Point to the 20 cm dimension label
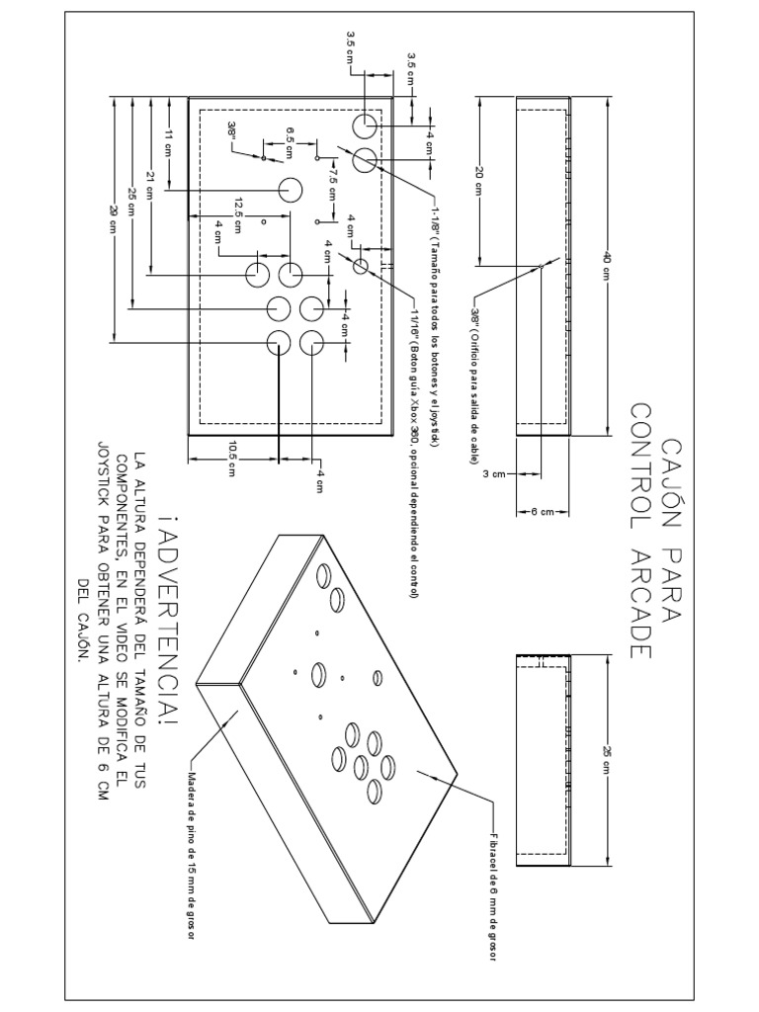click(x=479, y=180)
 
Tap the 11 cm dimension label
click(x=168, y=141)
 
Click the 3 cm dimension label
click(x=494, y=474)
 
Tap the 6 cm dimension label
click(x=542, y=512)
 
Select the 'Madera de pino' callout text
click(x=188, y=855)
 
